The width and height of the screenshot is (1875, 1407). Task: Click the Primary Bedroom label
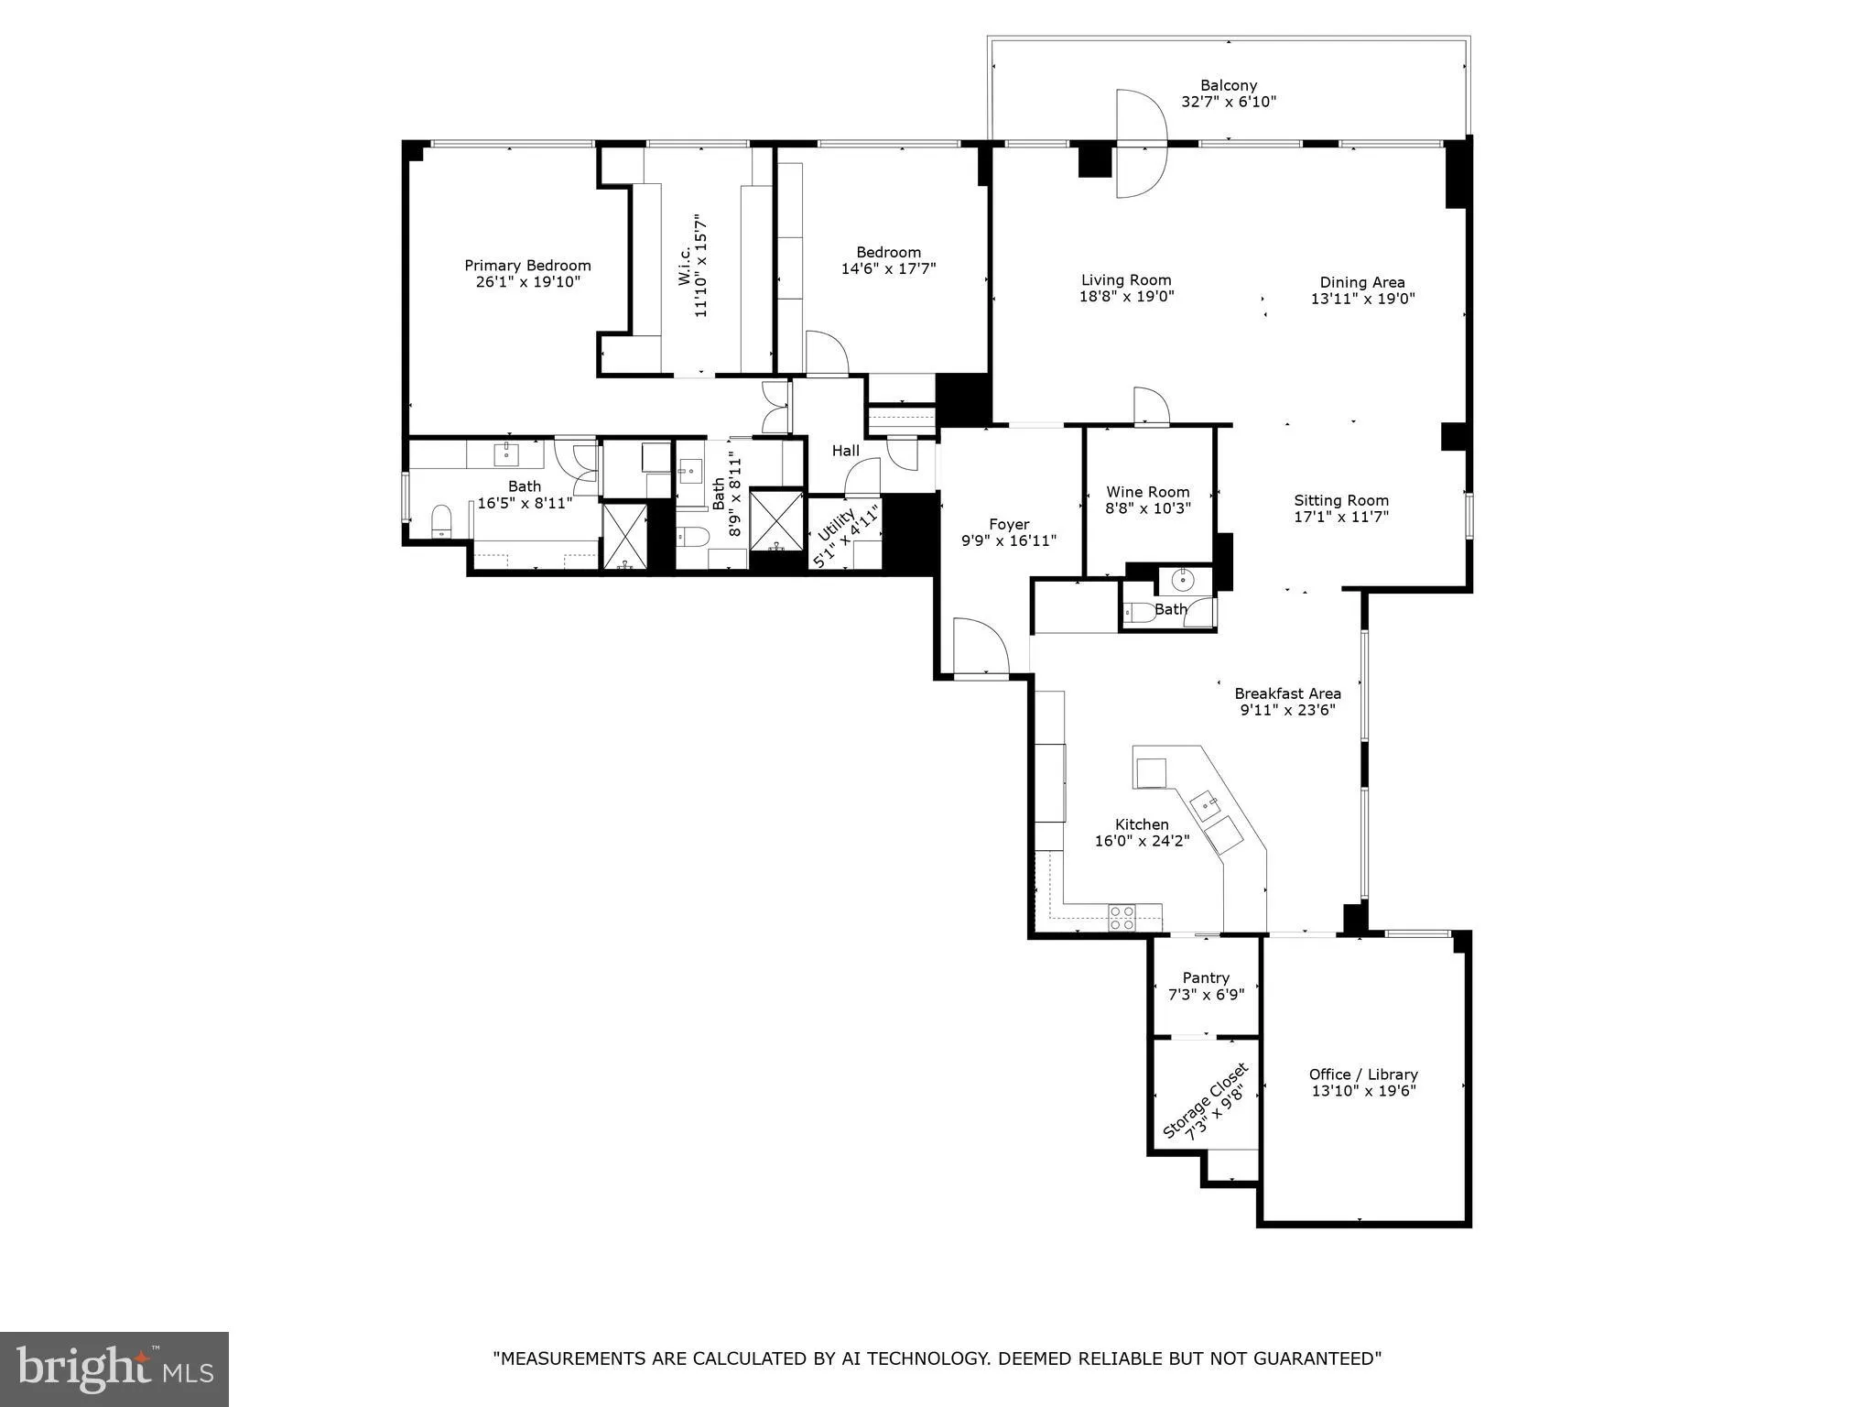[527, 266]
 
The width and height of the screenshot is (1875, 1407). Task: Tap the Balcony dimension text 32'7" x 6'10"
[1229, 102]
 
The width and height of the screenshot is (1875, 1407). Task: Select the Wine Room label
[1147, 492]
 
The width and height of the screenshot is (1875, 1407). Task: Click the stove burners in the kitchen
[1122, 917]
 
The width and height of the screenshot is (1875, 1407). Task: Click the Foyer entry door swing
[980, 647]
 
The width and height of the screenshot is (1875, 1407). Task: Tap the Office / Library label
[1362, 1074]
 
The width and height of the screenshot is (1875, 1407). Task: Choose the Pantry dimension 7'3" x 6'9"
[1206, 994]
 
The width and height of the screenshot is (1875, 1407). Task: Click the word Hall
[845, 451]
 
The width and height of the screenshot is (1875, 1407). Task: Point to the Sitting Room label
[1340, 500]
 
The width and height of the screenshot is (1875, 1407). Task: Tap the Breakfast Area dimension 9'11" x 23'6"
[1287, 710]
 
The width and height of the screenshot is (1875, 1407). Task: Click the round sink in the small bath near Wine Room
[1184, 579]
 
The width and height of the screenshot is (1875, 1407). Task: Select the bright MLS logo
[114, 1369]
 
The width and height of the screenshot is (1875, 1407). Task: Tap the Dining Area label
[1361, 282]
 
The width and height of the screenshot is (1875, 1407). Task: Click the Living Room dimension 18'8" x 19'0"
[1126, 297]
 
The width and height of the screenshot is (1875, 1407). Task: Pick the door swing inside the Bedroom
[826, 352]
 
